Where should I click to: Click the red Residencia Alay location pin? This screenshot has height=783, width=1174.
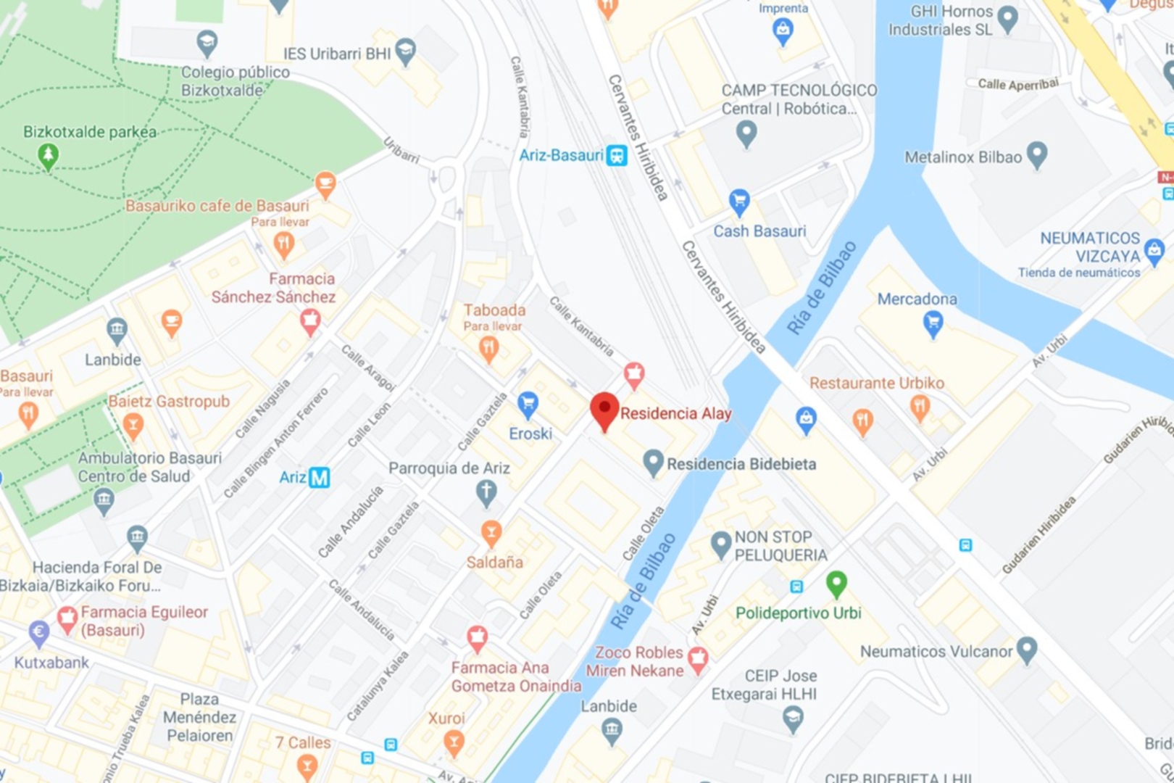(604, 410)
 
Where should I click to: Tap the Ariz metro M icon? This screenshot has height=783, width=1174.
(319, 477)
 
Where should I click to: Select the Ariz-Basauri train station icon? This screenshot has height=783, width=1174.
(617, 155)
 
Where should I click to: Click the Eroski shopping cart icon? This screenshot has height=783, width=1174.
(528, 403)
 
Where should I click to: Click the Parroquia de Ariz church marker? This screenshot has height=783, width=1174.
(486, 492)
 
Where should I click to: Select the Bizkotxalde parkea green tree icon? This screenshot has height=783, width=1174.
(48, 155)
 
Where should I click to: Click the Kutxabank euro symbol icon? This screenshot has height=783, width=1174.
(39, 632)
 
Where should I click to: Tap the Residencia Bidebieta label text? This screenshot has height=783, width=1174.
(741, 464)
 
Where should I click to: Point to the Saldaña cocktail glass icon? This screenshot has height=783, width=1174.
(491, 533)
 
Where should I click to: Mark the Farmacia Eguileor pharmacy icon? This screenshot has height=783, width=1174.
(67, 618)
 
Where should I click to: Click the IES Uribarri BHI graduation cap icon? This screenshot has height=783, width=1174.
(406, 51)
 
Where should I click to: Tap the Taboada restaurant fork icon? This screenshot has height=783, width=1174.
(489, 349)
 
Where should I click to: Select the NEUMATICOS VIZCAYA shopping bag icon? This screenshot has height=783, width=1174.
(1154, 250)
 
